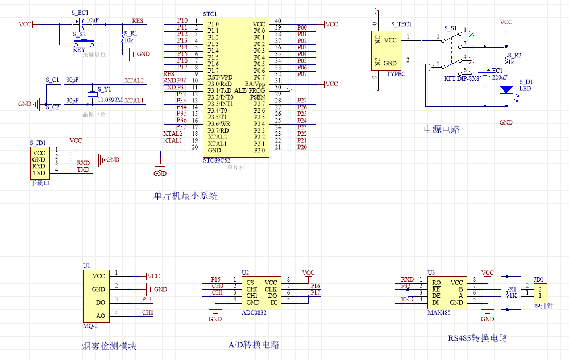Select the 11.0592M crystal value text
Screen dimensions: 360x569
click(110, 100)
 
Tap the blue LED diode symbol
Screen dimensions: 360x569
click(506, 90)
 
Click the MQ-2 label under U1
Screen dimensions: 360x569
click(91, 325)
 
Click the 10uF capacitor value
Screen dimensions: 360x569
click(93, 20)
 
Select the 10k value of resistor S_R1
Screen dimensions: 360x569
click(128, 40)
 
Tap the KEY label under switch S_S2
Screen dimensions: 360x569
click(79, 49)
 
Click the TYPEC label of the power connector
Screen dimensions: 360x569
click(396, 74)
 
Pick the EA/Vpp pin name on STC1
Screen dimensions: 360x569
click(255, 84)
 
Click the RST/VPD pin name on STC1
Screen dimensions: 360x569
click(220, 77)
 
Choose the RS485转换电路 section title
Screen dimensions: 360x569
click(477, 338)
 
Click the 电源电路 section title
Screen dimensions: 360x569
click(441, 129)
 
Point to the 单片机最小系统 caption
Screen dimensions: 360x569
click(186, 196)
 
